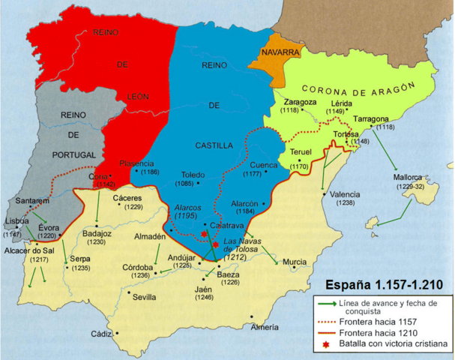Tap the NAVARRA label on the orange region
point(280,52)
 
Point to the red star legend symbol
point(325,344)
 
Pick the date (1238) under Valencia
point(346,202)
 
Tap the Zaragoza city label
point(300,101)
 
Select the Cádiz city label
point(101,334)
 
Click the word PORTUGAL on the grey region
point(75,154)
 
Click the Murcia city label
point(294,262)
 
